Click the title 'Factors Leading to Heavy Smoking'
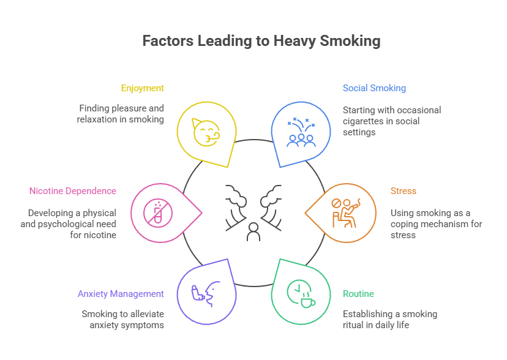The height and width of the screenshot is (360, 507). coord(261,41)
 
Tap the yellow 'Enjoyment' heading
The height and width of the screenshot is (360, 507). coord(142,88)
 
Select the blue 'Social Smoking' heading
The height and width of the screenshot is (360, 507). coord(374,88)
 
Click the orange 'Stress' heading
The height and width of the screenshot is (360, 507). coord(403,191)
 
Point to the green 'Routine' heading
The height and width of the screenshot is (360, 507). coord(358,294)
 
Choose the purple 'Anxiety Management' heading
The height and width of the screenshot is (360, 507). coord(121,294)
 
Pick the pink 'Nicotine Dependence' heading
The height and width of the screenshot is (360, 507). coord(72,191)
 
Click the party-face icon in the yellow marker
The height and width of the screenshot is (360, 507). coord(205,132)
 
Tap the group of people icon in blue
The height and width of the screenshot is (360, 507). coord(301,133)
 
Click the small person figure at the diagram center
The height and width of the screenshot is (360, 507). coord(253,231)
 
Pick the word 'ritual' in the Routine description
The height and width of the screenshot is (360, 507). coord(354,325)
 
